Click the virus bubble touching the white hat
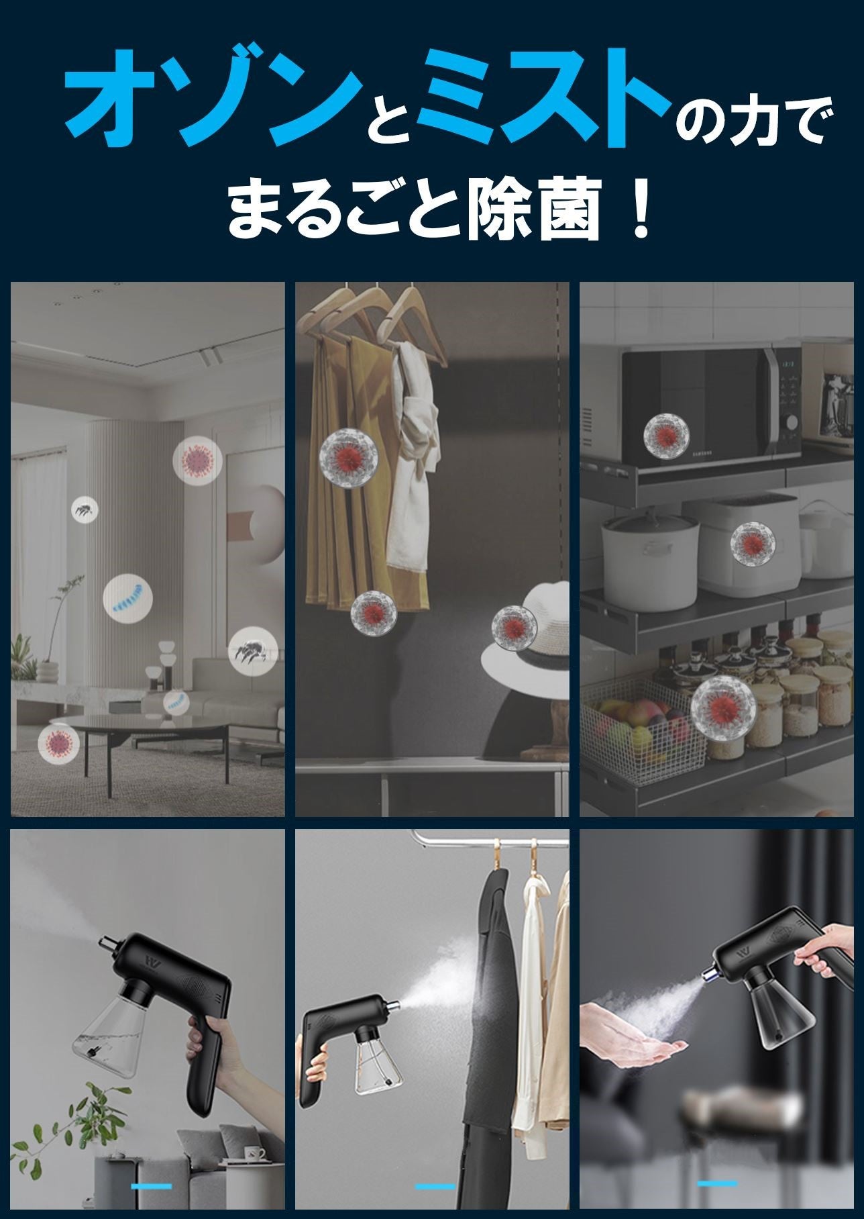pyautogui.click(x=515, y=627)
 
